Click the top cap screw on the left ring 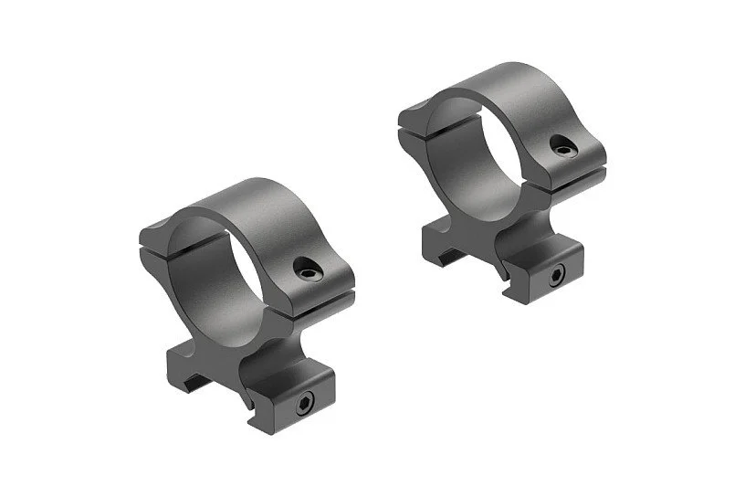[306, 266]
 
